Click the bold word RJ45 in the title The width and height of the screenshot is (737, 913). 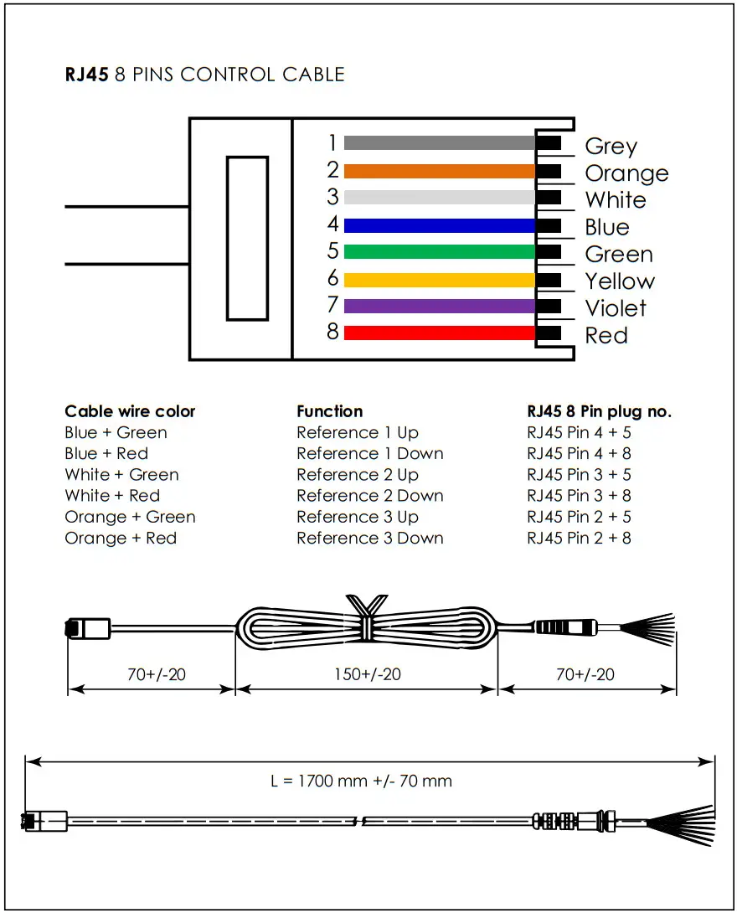[86, 74]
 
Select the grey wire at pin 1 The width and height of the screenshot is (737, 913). [439, 143]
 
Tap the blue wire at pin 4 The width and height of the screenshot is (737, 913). [439, 225]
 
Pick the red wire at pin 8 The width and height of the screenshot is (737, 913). [439, 333]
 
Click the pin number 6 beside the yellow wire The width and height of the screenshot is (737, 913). [332, 279]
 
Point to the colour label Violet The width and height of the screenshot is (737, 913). [616, 308]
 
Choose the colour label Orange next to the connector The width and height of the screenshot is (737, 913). [626, 173]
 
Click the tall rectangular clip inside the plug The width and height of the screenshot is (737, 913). [247, 238]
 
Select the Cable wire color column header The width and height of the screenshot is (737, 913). [130, 411]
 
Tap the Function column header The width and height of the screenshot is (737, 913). [330, 411]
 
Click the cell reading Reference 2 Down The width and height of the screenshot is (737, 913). [369, 496]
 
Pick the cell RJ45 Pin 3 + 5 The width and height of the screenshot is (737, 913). [579, 475]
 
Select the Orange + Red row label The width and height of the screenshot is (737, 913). [121, 538]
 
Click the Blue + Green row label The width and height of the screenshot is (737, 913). [116, 433]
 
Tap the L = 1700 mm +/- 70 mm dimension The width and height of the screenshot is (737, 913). [361, 781]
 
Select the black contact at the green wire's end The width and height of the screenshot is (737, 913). [549, 251]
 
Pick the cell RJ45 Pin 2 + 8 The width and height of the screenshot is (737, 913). [579, 538]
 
